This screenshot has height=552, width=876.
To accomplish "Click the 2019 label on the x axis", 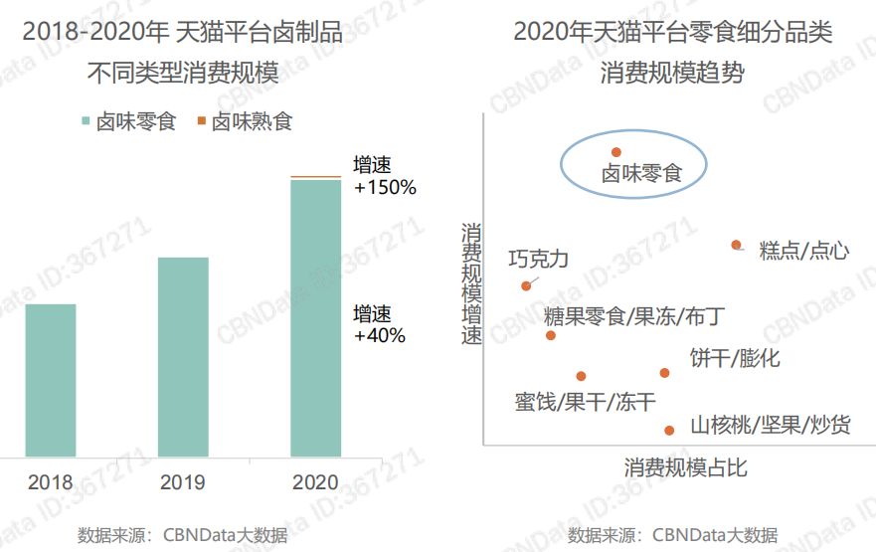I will (x=183, y=483).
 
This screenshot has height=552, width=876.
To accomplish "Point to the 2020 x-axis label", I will (x=315, y=483).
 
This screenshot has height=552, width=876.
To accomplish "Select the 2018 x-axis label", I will (x=51, y=483).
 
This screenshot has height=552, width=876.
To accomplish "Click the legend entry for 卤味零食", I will (x=128, y=122).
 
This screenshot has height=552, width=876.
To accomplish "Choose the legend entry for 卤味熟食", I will (x=245, y=122).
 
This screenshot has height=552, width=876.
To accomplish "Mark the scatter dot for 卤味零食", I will (x=616, y=152).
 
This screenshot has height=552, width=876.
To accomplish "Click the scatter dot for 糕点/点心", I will (x=737, y=245).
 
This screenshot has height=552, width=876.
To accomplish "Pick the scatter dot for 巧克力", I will (x=526, y=286).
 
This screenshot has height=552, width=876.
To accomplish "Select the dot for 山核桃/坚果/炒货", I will (x=669, y=430).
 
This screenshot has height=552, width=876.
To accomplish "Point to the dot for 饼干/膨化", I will (x=665, y=373).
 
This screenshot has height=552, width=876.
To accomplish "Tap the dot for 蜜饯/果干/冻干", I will (x=581, y=376).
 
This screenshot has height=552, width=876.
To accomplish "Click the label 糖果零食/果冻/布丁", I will (x=633, y=317).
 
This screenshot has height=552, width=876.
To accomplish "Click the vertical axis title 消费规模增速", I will (x=471, y=282).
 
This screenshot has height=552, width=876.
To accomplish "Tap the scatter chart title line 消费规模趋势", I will (x=672, y=73).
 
